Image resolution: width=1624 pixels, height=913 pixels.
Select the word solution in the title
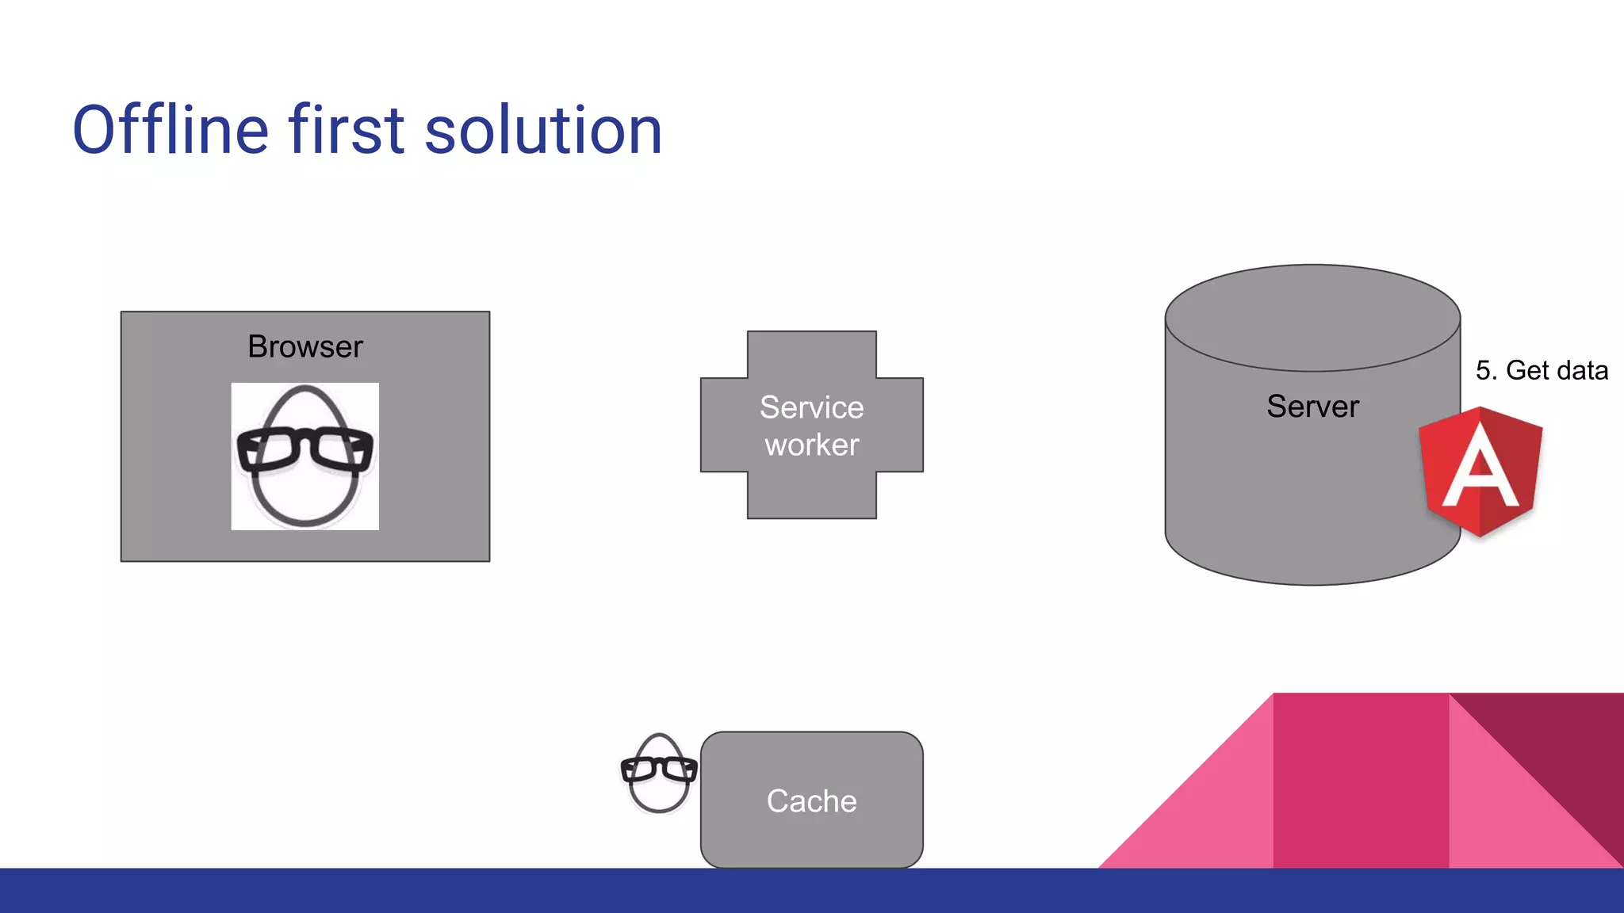(x=543, y=130)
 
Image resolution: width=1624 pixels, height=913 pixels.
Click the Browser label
(x=305, y=347)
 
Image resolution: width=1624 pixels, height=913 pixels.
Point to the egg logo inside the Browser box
(x=304, y=491)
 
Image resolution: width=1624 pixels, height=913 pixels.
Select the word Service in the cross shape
(x=811, y=407)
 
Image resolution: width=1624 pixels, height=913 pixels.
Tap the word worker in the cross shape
(x=811, y=445)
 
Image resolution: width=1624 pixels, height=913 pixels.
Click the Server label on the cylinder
(x=1312, y=407)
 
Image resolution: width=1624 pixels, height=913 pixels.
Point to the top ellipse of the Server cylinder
(x=1312, y=317)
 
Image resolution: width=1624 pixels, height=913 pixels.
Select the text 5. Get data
(x=1542, y=371)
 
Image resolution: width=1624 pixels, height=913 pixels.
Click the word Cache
(x=811, y=801)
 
